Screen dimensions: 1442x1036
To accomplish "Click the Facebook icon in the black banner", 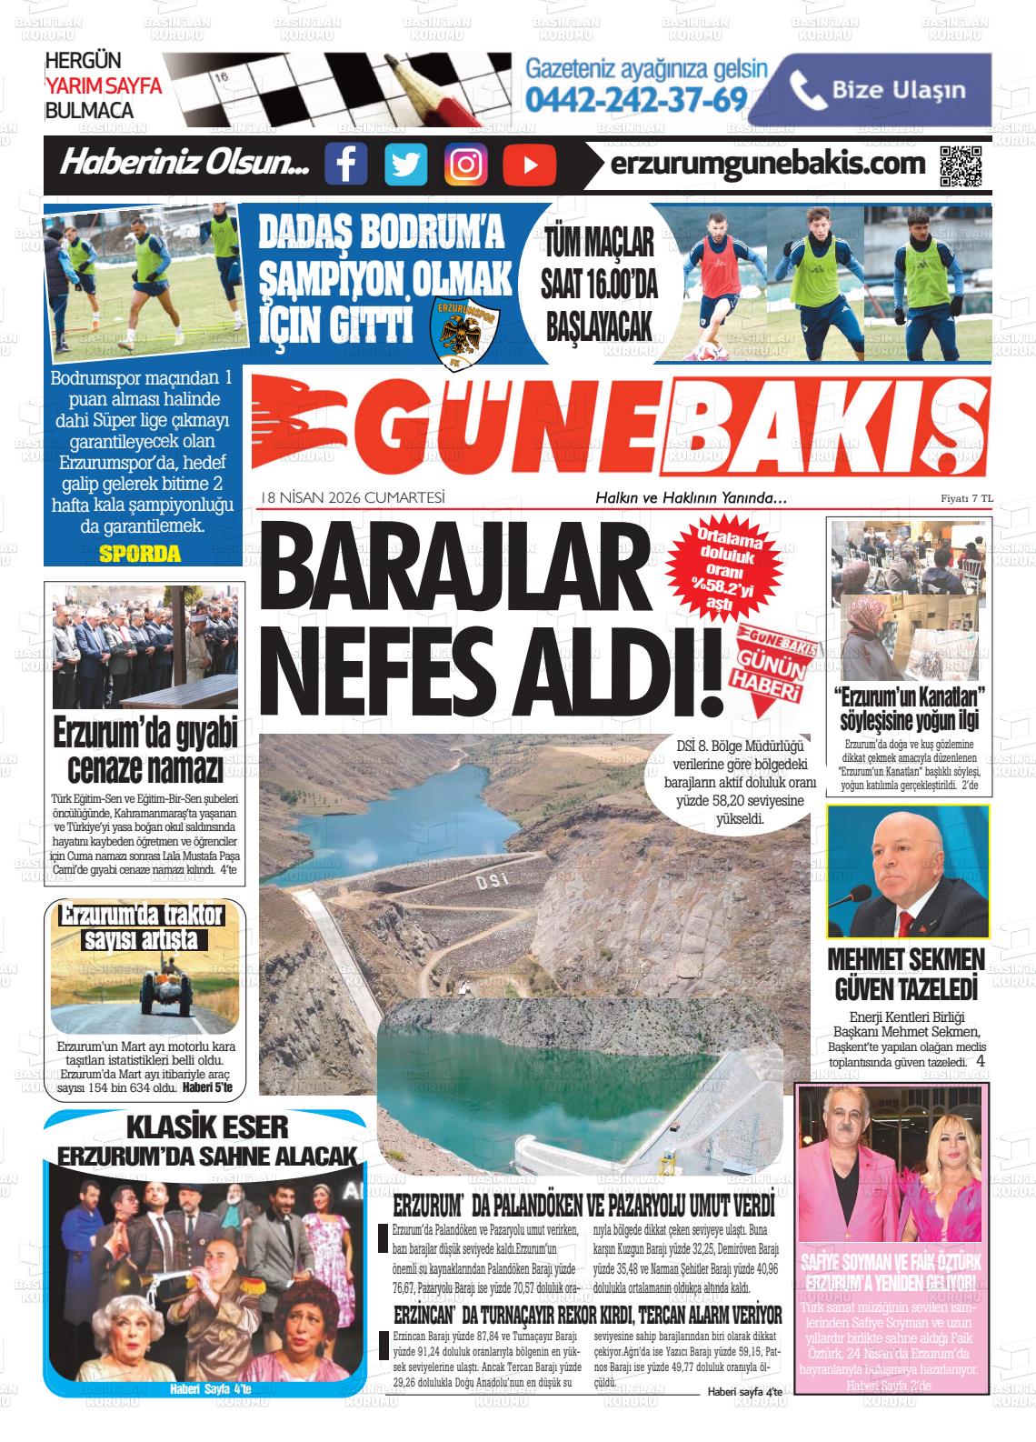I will click(346, 165).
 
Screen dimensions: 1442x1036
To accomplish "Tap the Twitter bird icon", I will click(405, 165).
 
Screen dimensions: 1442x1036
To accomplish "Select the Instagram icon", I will click(466, 165).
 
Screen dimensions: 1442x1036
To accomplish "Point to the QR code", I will click(960, 165).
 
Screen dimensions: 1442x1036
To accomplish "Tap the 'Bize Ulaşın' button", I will click(885, 88).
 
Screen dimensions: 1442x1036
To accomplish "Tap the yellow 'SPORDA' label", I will click(140, 554).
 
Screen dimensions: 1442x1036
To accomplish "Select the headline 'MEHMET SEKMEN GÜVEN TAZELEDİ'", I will click(906, 974).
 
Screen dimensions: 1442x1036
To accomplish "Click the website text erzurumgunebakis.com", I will click(769, 165).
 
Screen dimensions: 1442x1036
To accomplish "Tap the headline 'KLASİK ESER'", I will click(207, 1128).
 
